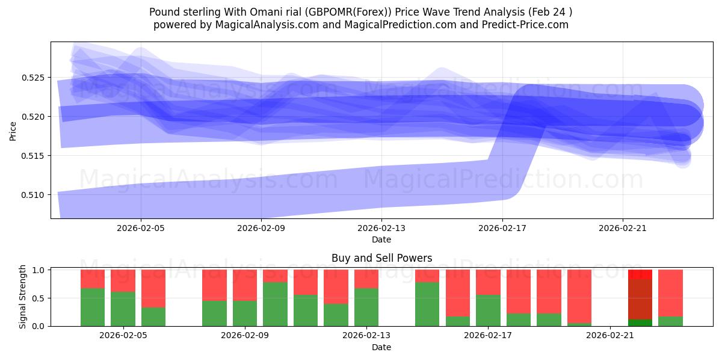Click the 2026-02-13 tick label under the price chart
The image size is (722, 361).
[x=381, y=229]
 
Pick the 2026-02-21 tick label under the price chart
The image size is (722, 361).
[x=622, y=229]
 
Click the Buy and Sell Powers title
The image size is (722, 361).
[x=381, y=258]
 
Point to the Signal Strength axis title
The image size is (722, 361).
[x=23, y=297]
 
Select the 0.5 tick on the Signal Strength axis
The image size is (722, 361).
[x=39, y=298]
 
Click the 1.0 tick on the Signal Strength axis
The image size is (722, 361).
[x=39, y=270]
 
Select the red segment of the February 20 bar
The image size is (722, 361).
[x=579, y=295]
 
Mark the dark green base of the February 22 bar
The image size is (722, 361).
[x=640, y=322]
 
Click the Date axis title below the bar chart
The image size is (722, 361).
[x=381, y=347]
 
